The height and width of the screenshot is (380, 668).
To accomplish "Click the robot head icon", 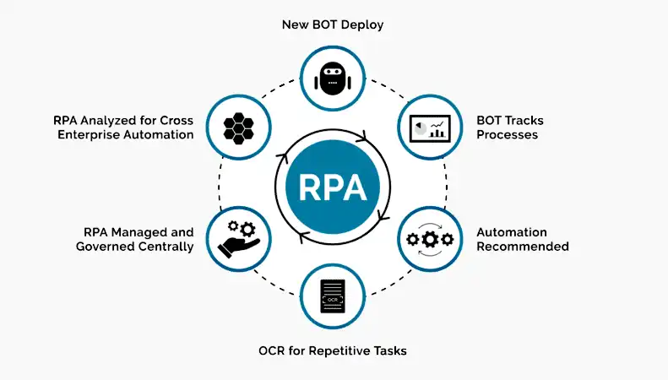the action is point(333,79).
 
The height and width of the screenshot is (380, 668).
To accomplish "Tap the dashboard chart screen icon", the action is point(430,128).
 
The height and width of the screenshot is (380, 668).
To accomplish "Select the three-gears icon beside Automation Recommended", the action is point(430,240).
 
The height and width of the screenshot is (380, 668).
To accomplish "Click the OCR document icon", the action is point(333,296).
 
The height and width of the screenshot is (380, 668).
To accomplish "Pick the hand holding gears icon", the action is point(238,239).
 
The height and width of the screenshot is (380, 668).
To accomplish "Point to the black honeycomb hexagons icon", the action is point(238,128).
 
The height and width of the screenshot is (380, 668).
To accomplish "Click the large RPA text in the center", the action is point(333,187).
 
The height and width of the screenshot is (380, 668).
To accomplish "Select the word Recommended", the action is point(523,247).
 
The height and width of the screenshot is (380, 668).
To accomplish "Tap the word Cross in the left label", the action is point(177,121).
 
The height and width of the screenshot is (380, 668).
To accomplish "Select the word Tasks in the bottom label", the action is point(390,351).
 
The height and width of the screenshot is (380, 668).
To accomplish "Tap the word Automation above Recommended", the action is point(512,232).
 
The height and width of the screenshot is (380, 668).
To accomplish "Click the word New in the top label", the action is point(296,24).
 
